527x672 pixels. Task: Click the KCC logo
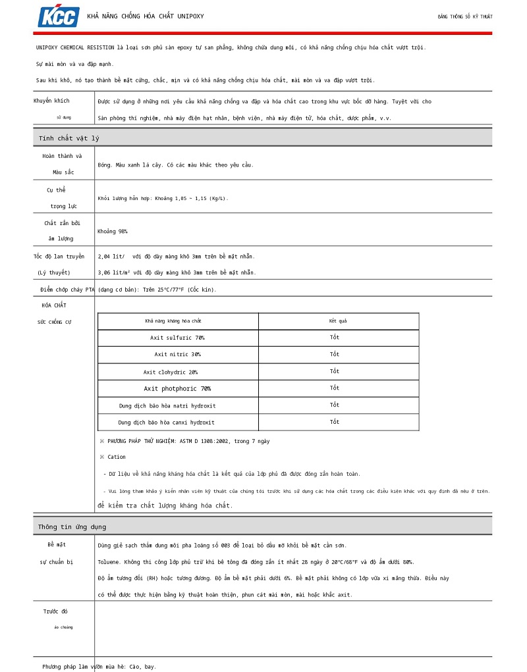click(59, 16)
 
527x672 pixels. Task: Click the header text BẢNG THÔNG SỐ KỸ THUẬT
click(465, 16)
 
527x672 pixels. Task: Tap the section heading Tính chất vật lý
click(69, 138)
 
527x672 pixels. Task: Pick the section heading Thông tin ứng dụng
click(72, 527)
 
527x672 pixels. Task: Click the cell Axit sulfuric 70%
click(177, 338)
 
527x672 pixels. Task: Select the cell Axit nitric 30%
click(177, 354)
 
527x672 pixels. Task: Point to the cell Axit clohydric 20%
click(171, 372)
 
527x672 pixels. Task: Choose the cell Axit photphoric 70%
click(177, 388)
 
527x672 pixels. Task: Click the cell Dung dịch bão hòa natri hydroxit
click(167, 405)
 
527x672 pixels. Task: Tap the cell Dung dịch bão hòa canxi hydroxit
click(166, 422)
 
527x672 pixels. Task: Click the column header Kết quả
click(338, 321)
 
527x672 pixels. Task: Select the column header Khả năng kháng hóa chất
click(173, 321)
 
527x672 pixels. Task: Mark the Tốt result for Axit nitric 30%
click(335, 354)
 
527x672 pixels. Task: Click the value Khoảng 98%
click(113, 232)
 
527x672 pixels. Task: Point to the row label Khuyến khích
click(51, 101)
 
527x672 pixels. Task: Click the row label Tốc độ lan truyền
click(59, 256)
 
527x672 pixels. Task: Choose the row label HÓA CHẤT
click(54, 305)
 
